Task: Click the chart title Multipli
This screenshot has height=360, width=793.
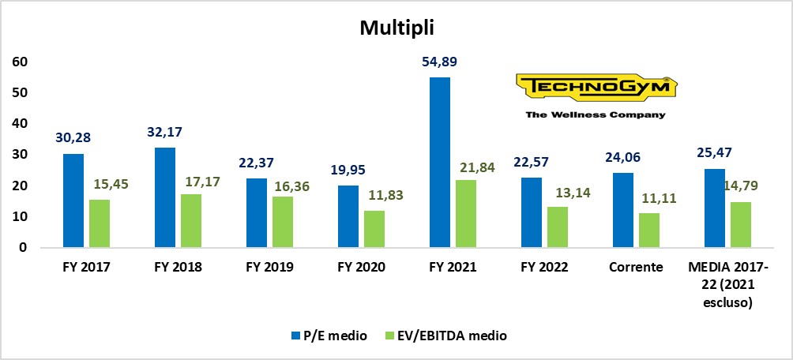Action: coord(396,28)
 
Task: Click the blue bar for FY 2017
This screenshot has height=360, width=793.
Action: coord(73,201)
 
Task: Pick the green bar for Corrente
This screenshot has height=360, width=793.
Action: coord(648,230)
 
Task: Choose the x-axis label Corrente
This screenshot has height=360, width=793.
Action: coord(637,267)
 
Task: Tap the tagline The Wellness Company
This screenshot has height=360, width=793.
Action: coord(595,114)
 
